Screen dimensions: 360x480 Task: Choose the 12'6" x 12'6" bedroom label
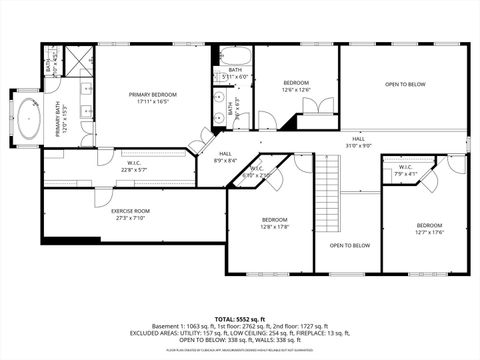295,86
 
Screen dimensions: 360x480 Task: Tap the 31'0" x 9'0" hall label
357,143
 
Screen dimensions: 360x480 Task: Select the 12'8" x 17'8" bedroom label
275,223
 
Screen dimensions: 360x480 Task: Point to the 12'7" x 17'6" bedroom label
429,229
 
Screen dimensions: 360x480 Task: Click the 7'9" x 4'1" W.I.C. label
405,171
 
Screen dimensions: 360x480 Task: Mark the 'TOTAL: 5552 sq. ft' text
239,292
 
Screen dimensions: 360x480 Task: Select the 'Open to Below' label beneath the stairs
349,245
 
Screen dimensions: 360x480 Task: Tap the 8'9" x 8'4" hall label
227,157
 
